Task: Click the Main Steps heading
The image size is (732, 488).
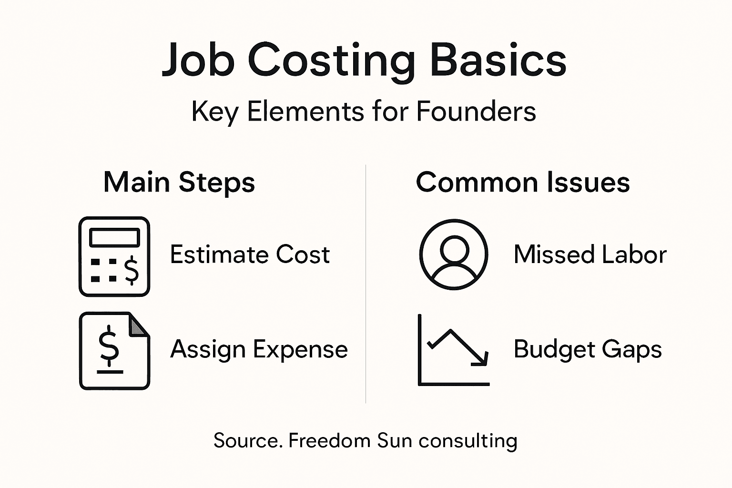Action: [x=179, y=183]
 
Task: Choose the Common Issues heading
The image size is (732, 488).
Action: [x=523, y=183]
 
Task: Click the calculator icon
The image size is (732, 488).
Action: [x=114, y=256]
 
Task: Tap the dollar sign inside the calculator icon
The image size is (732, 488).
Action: [x=131, y=270]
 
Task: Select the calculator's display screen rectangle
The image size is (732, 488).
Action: [x=114, y=237]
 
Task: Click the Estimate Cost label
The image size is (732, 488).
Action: [x=250, y=254]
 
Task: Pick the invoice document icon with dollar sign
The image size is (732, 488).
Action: [x=114, y=351]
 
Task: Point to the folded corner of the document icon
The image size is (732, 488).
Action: [x=139, y=325]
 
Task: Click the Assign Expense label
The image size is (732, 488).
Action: [x=259, y=349]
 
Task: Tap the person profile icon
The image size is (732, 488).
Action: [x=454, y=254]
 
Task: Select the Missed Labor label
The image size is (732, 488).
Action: [x=590, y=254]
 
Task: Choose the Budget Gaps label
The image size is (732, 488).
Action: [x=588, y=349]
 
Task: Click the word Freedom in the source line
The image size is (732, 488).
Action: [x=329, y=440]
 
